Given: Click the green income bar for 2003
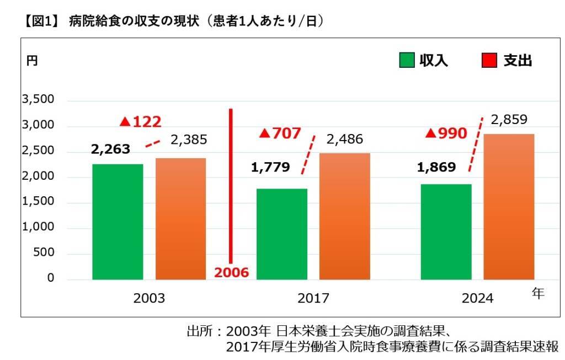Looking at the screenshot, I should pyautogui.click(x=118, y=222).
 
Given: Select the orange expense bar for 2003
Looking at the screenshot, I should pyautogui.click(x=180, y=219).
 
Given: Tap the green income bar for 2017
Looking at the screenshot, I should pyautogui.click(x=282, y=234).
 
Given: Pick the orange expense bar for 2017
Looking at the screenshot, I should pyautogui.click(x=345, y=216).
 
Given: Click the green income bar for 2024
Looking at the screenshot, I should pyautogui.click(x=446, y=232).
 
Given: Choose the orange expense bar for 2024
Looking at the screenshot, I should pyautogui.click(x=509, y=207).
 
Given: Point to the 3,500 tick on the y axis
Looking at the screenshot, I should pyautogui.click(x=38, y=100).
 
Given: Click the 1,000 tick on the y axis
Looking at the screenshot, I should pyautogui.click(x=38, y=227).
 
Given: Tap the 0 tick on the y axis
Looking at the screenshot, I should pyautogui.click(x=51, y=278).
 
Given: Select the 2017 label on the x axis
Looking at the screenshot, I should pyautogui.click(x=313, y=298).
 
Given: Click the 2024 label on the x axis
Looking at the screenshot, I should pyautogui.click(x=478, y=298).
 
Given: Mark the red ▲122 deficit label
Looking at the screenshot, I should pyautogui.click(x=140, y=122).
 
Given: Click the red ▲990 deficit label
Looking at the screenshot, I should pyautogui.click(x=447, y=133).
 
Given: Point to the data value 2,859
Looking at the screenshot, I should pyautogui.click(x=509, y=120).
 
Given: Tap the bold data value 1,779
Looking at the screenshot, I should pyautogui.click(x=270, y=167).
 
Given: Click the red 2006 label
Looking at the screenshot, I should pyautogui.click(x=231, y=272).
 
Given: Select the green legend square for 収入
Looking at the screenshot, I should pyautogui.click(x=407, y=60).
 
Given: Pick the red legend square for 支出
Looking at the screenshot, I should pyautogui.click(x=489, y=60).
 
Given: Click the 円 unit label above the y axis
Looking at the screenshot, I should pyautogui.click(x=32, y=61).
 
